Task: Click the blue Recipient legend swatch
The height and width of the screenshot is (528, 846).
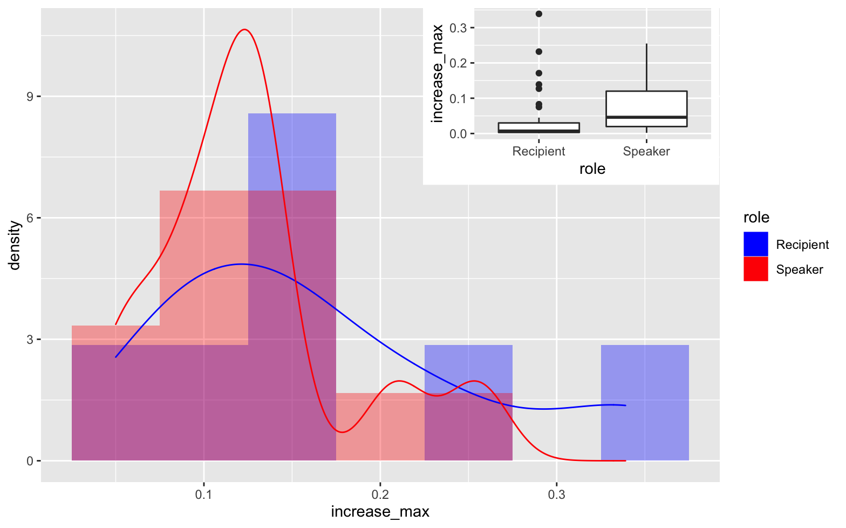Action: click(755, 244)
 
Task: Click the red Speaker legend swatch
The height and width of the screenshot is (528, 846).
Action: click(755, 269)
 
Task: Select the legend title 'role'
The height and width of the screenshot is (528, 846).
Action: click(756, 218)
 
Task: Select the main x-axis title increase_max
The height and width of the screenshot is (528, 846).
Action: click(380, 512)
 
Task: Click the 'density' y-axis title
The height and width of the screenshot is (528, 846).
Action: click(15, 245)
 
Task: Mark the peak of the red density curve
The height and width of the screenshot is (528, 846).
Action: click(244, 30)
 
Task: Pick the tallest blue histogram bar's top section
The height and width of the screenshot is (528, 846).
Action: click(292, 151)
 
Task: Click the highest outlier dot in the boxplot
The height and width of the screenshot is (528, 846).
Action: click(538, 13)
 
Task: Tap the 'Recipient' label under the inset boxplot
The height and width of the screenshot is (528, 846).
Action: click(538, 151)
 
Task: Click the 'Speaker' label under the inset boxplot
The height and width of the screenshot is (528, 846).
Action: click(646, 151)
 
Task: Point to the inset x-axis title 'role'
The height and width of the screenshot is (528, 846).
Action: click(592, 169)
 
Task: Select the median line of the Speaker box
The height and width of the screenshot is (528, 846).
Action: click(646, 117)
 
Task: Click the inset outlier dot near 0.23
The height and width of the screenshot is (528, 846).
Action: click(538, 52)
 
